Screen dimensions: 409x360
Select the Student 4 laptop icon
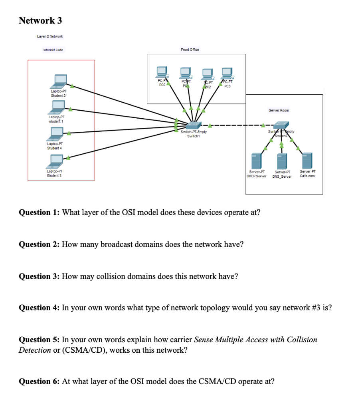coord(56,133)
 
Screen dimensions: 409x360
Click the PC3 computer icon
coord(227,73)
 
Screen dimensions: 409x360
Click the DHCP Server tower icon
coord(256,160)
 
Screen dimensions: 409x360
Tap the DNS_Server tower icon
coord(282,160)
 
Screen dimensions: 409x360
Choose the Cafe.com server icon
coord(307,160)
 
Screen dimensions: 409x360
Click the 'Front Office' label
coord(190,50)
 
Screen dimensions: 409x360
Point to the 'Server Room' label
coord(279,110)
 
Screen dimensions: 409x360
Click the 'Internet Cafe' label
coord(53,50)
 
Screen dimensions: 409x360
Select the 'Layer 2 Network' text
coord(50,36)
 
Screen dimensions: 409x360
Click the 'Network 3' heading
coord(40,20)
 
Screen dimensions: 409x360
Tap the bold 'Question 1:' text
coord(40,212)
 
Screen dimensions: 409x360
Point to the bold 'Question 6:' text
coord(40,381)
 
